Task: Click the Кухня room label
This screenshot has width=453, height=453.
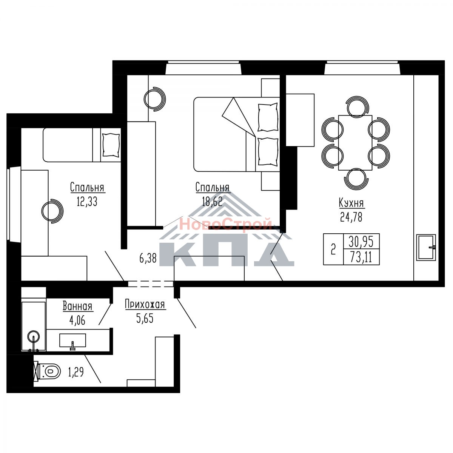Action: (x=351, y=203)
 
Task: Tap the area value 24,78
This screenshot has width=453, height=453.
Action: (x=351, y=217)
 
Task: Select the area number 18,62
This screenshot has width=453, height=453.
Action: (x=212, y=202)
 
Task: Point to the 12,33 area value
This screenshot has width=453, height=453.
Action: (x=87, y=202)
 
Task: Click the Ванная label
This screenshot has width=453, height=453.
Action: (x=78, y=307)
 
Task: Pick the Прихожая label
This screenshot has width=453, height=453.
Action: (x=145, y=304)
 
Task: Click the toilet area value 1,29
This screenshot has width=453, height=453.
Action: (x=76, y=372)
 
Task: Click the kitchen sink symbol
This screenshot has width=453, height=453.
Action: (x=426, y=247)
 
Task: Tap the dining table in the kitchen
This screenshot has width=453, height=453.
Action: (x=355, y=143)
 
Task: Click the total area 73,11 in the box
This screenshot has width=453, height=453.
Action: (x=361, y=257)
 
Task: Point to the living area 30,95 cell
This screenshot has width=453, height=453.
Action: (x=361, y=242)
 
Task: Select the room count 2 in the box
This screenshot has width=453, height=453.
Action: (x=333, y=250)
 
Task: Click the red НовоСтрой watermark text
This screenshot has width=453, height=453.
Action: (x=226, y=223)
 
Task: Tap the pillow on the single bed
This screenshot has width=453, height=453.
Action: (x=111, y=145)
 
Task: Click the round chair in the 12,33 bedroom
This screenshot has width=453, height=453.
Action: (x=52, y=211)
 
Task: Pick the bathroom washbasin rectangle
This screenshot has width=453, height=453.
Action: (x=72, y=341)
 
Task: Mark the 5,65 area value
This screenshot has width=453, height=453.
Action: (x=145, y=318)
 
